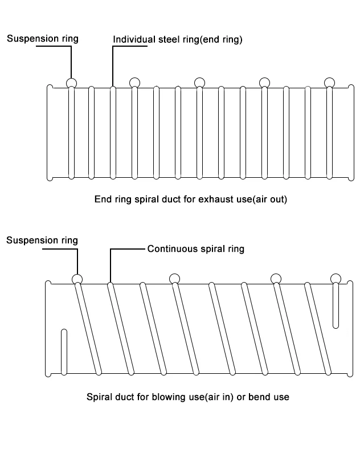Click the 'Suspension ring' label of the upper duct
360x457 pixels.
pyautogui.click(x=43, y=39)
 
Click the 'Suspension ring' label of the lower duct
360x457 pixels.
pyautogui.click(x=42, y=240)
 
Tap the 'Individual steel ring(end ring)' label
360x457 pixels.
pyautogui.click(x=178, y=39)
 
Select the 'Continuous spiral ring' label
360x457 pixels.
pyautogui.click(x=195, y=249)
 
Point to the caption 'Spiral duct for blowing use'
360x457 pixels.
pyautogui.click(x=187, y=396)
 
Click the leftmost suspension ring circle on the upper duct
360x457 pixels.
pyautogui.click(x=71, y=83)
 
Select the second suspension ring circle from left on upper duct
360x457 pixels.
pyautogui.click(x=134, y=83)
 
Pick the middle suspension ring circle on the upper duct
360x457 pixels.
pyautogui.click(x=199, y=83)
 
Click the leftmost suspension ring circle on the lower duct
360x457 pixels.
pyautogui.click(x=77, y=279)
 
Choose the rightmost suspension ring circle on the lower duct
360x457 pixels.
pyautogui.click(x=336, y=279)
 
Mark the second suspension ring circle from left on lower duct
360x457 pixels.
pyautogui.click(x=174, y=279)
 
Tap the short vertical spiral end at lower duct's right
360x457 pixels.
pyautogui.click(x=336, y=306)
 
